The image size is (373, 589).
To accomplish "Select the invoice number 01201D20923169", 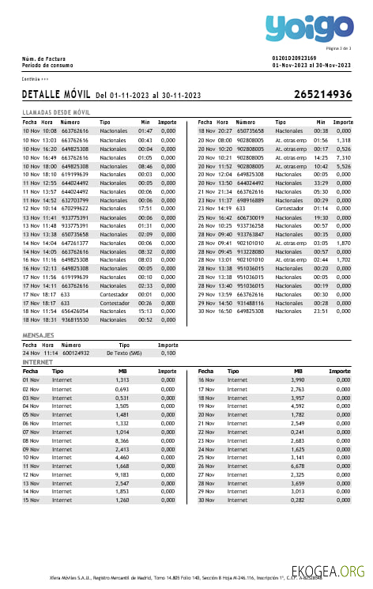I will [294, 59].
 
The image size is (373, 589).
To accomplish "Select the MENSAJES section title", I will [38, 336].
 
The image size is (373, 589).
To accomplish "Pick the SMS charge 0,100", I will [168, 353].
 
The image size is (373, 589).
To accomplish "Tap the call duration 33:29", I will [320, 183].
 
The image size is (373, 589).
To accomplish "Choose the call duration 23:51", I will [320, 311].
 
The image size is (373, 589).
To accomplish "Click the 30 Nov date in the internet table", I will [205, 500].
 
